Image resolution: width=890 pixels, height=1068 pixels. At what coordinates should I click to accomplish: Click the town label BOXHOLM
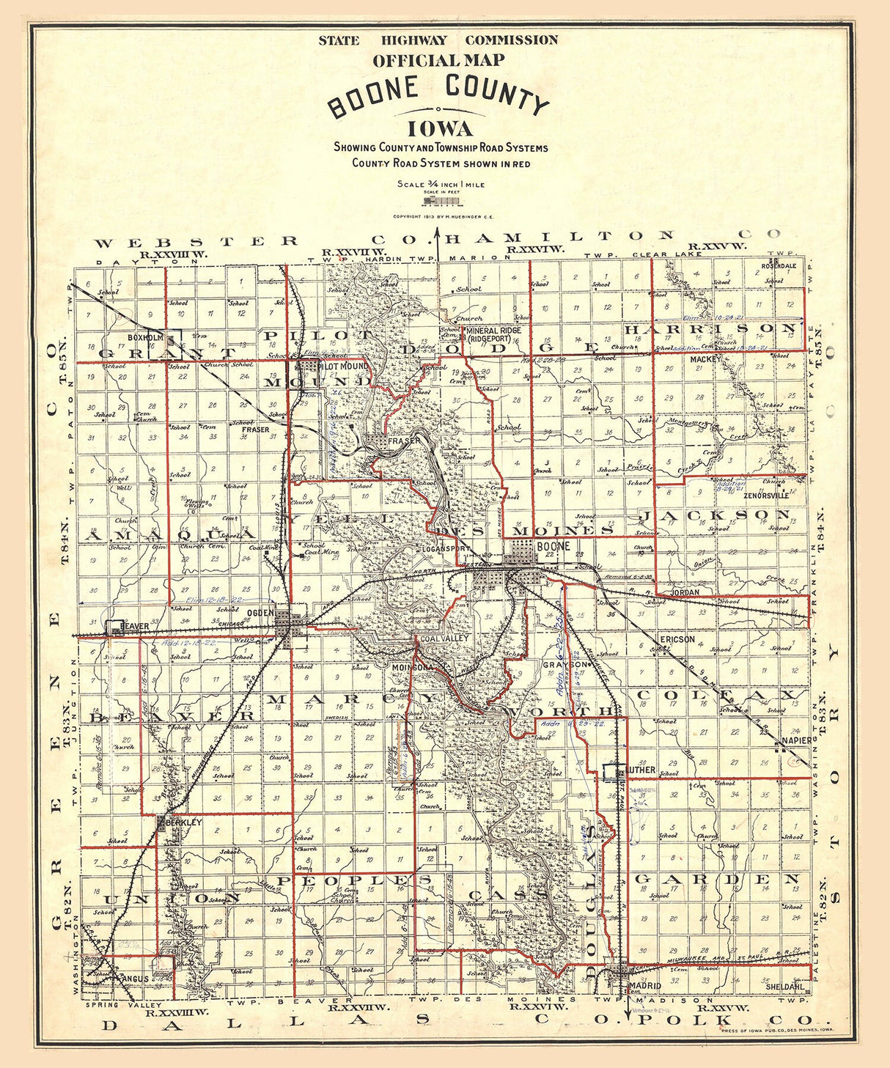click(x=144, y=338)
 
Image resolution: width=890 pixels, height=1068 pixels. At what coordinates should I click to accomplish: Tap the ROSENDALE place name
click(x=778, y=265)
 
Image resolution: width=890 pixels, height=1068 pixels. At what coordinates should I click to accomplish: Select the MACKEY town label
click(x=705, y=360)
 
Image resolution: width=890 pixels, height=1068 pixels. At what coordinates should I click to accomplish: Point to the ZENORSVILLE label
click(x=765, y=496)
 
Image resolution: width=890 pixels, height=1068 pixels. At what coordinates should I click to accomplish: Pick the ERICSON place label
click(x=677, y=639)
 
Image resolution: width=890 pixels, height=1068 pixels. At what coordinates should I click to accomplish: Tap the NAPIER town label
click(x=796, y=740)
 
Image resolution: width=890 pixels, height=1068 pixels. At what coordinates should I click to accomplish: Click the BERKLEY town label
click(x=183, y=823)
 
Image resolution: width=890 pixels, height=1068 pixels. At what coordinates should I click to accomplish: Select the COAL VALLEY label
click(x=443, y=640)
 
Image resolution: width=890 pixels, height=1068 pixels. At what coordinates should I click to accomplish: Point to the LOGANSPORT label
click(x=445, y=548)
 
